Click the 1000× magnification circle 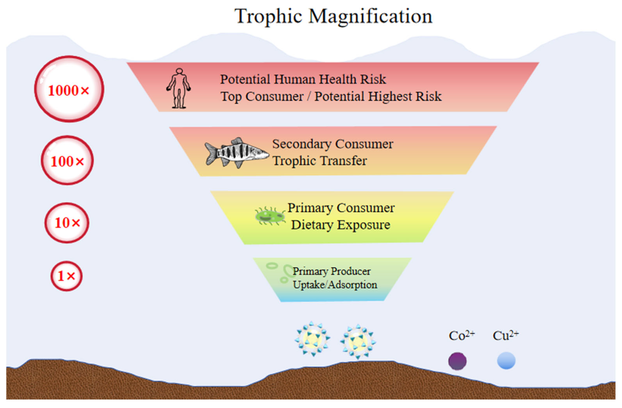pos(69,89)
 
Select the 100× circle pos(67,160)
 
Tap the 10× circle pos(67,223)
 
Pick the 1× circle pos(67,276)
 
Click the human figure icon pos(179,88)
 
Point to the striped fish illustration pos(236,153)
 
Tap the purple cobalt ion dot pos(457,361)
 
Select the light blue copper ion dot pos(506,360)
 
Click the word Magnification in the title pos(370,17)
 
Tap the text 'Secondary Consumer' pos(333,144)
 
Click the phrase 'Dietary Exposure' pos(341,225)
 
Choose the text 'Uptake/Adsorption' pos(335,285)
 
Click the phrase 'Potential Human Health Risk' pos(303,79)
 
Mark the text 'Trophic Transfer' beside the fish pos(320,161)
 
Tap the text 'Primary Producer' pos(332,271)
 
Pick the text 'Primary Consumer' pos(341,208)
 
